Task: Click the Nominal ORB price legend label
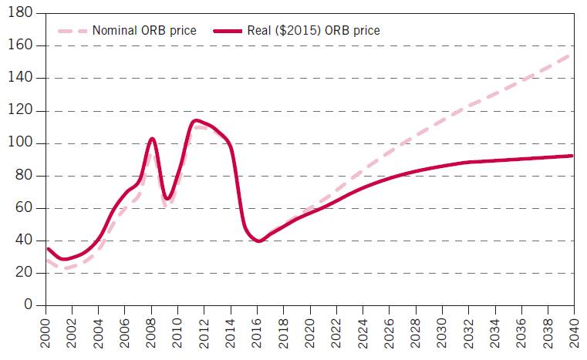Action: [x=144, y=31]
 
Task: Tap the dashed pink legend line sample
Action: [x=73, y=31]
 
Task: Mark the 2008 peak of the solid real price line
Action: [x=152, y=139]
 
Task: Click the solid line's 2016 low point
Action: [x=259, y=241]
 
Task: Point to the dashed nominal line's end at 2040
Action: [x=572, y=55]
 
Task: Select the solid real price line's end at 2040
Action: [x=572, y=156]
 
